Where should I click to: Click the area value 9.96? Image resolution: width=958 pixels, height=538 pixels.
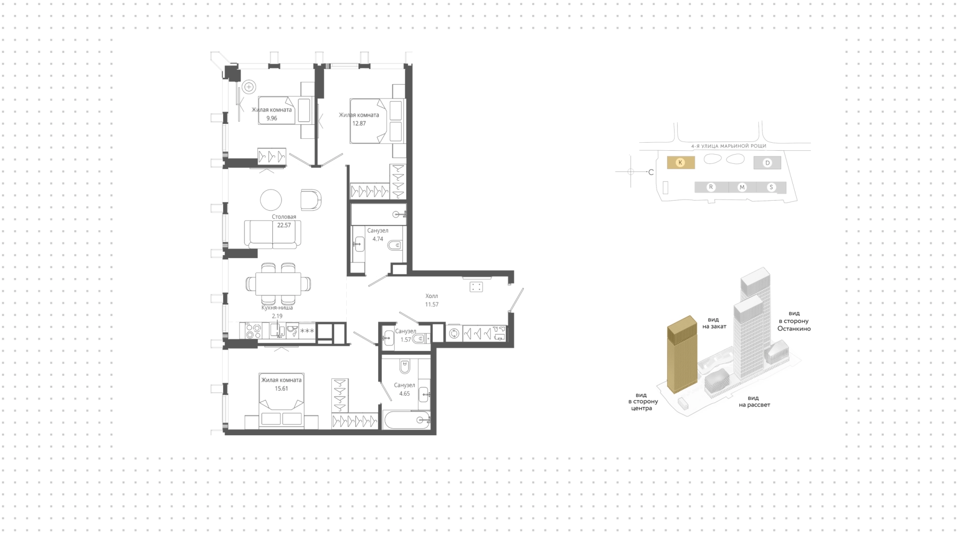pyautogui.click(x=271, y=118)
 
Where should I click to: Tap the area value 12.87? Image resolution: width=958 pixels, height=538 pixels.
pyautogui.click(x=359, y=123)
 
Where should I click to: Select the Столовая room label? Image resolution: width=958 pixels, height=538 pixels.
pyautogui.click(x=284, y=217)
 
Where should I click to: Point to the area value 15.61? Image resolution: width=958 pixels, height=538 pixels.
pyautogui.click(x=281, y=388)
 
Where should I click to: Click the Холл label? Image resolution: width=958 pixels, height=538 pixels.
pyautogui.click(x=432, y=296)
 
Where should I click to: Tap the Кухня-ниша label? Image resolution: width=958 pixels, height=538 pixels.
pyautogui.click(x=277, y=308)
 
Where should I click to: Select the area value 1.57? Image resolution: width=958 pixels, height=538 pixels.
pyautogui.click(x=405, y=339)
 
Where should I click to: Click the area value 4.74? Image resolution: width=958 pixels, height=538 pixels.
pyautogui.click(x=378, y=239)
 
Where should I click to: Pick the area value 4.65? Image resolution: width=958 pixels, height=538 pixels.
pyautogui.click(x=404, y=393)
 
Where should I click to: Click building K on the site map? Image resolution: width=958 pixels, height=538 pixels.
pyautogui.click(x=681, y=163)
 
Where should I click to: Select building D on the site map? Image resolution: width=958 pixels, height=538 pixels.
pyautogui.click(x=767, y=163)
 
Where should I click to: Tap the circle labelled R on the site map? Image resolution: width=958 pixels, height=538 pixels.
pyautogui.click(x=711, y=187)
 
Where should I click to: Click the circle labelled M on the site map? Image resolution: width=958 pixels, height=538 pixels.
pyautogui.click(x=742, y=187)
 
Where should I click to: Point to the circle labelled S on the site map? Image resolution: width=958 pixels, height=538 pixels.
pyautogui.click(x=771, y=187)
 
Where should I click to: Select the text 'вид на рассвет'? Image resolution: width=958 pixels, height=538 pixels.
pyautogui.click(x=754, y=401)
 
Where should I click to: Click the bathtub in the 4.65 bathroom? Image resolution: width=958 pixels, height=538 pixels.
pyautogui.click(x=407, y=420)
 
